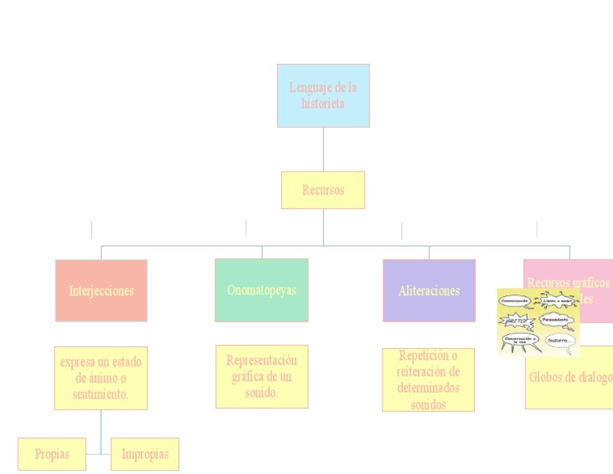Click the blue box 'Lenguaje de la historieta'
pyautogui.click(x=323, y=96)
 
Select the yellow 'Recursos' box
pyautogui.click(x=323, y=190)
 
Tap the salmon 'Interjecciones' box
pyautogui.click(x=101, y=290)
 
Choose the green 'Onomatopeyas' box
pyautogui.click(x=262, y=290)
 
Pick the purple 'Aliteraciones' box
pyautogui.click(x=429, y=290)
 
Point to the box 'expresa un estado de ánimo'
pyautogui.click(x=101, y=377)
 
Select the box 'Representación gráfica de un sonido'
pyautogui.click(x=262, y=376)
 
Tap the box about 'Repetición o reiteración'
pyautogui.click(x=429, y=380)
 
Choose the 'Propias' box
pyautogui.click(x=52, y=454)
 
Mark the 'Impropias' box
pyautogui.click(x=144, y=454)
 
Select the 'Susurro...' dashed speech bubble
pyautogui.click(x=560, y=341)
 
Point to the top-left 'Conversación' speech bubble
pyautogui.click(x=515, y=302)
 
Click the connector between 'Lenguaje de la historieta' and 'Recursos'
pyautogui.click(x=323, y=149)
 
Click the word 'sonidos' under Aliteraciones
pyautogui.click(x=429, y=405)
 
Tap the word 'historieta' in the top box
pyautogui.click(x=323, y=104)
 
